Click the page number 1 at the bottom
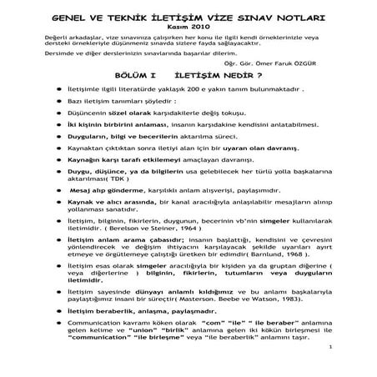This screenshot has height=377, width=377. tap(331, 368)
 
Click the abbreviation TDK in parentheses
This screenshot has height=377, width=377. tap(111, 200)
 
